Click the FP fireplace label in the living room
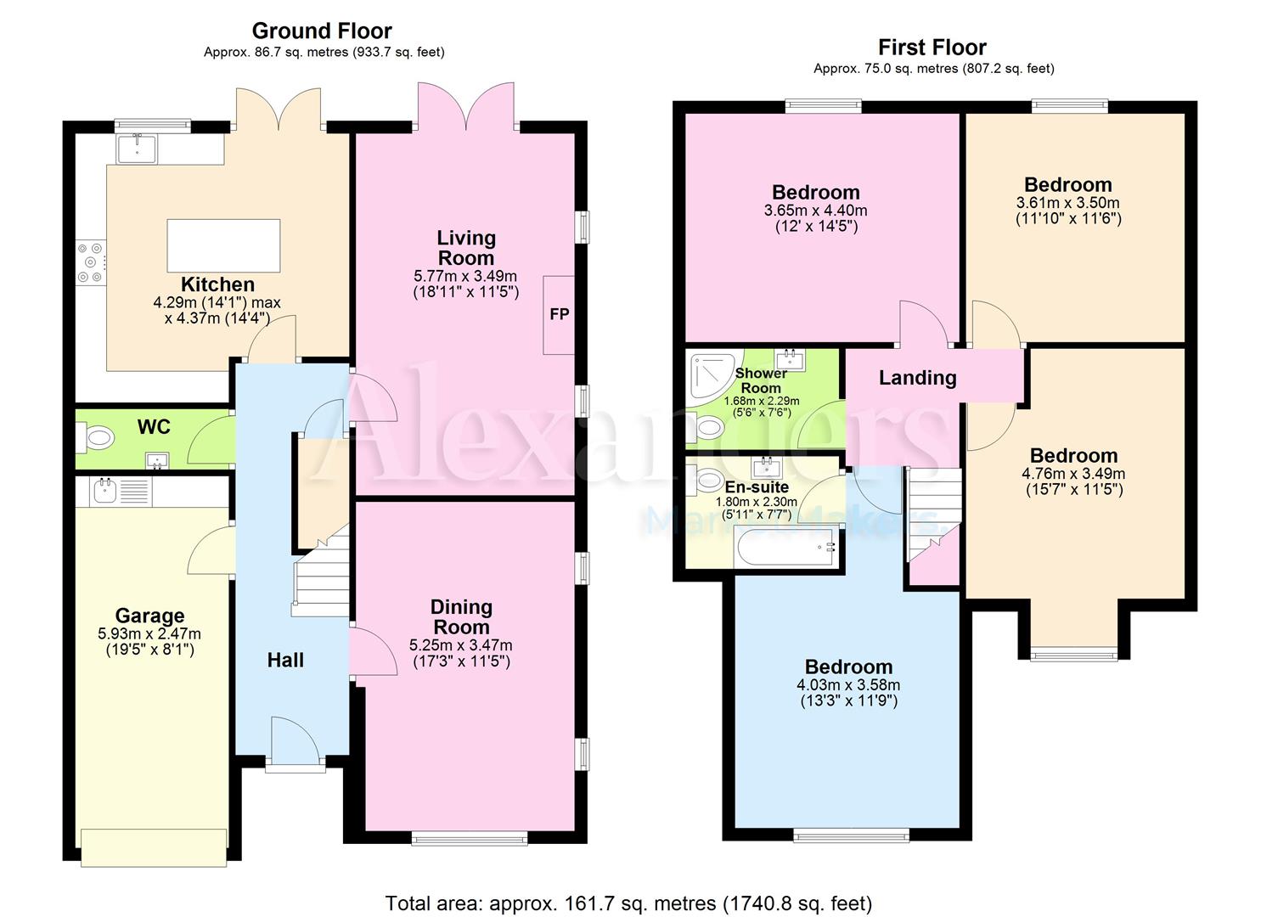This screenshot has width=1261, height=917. pos(559,314)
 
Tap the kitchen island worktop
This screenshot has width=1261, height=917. pos(223,246)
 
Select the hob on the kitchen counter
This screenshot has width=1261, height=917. pos(91,262)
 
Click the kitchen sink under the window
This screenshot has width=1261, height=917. pos(136,149)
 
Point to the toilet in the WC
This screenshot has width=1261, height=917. pos(95,438)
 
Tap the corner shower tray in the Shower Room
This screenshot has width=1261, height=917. pos(714,376)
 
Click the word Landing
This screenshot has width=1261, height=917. pos(918,378)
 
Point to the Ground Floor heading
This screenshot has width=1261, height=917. pos(322,31)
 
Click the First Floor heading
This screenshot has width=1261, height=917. pos(932,48)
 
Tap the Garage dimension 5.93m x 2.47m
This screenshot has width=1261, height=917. pos(149,634)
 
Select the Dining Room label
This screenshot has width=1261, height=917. pos(462,617)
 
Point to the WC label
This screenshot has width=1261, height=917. pos(154,427)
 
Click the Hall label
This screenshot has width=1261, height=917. pos(285,660)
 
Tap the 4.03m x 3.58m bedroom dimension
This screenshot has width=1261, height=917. pos(848,685)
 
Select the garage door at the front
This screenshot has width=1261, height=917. pos(154,847)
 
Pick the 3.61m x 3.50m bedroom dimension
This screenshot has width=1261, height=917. pos(1068,203)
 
